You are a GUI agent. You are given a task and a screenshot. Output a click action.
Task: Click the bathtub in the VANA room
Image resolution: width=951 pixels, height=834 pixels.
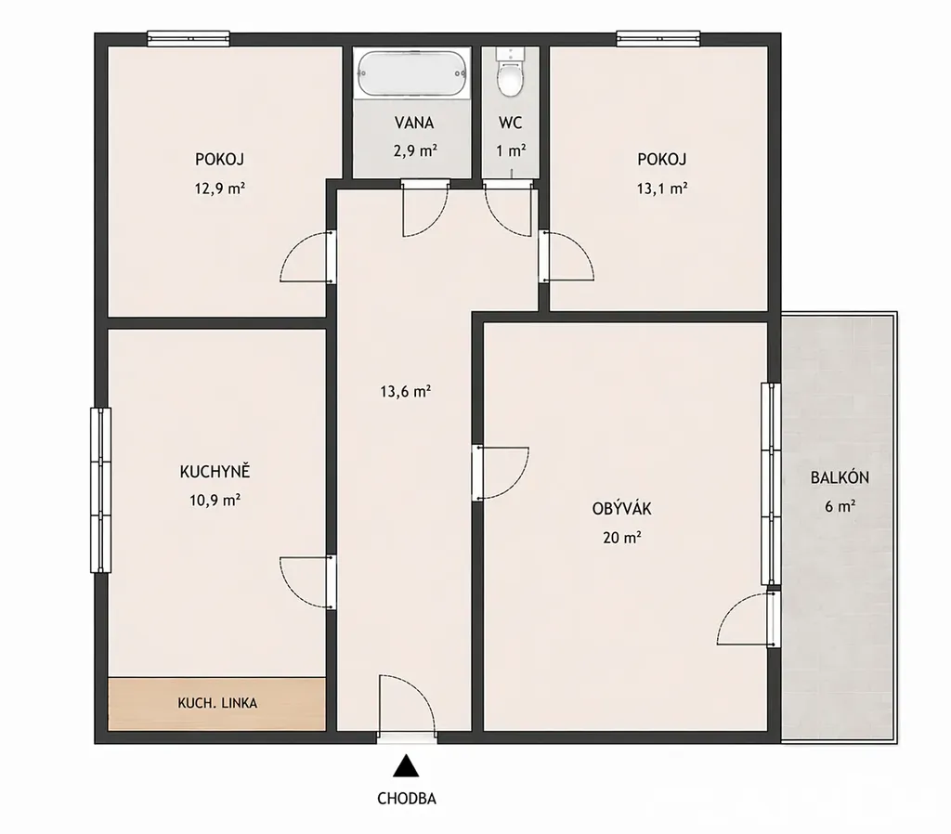point(412,74)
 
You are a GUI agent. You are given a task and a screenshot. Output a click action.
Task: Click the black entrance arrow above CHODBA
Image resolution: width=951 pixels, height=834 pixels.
point(406,765)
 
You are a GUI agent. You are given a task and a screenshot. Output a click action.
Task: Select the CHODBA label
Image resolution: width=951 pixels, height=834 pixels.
point(407,798)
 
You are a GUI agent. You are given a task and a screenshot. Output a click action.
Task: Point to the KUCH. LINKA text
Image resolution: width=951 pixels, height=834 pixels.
point(217,703)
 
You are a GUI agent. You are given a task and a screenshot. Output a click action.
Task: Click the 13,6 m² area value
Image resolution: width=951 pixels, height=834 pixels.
point(405,391)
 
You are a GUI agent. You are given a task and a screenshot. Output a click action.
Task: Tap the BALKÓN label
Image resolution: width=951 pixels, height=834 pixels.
point(840,477)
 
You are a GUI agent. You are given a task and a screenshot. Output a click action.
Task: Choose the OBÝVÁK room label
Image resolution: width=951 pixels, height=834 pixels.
point(621,508)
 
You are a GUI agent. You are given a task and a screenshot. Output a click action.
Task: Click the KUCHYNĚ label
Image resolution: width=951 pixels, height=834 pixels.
point(215,471)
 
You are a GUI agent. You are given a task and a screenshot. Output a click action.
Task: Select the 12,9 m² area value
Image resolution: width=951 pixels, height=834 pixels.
point(219,188)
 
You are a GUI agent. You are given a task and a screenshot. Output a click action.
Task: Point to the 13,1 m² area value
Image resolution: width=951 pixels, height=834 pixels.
point(661,188)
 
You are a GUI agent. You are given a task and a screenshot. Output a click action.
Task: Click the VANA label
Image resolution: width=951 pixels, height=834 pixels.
point(414,124)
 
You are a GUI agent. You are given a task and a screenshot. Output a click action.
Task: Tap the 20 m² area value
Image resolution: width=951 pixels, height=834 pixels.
point(622,538)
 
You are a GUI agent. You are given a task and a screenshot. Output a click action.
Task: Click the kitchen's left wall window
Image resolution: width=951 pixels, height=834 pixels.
point(100,490)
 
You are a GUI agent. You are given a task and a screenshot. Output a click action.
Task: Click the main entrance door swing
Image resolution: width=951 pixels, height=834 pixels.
point(407,707)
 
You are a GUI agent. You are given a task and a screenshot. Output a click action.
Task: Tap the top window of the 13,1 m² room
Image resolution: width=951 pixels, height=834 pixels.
point(658,39)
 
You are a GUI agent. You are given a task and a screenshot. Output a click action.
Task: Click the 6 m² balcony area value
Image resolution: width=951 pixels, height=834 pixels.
point(840,506)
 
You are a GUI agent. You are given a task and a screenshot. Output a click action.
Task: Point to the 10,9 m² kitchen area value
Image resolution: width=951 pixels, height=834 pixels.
point(215,501)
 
